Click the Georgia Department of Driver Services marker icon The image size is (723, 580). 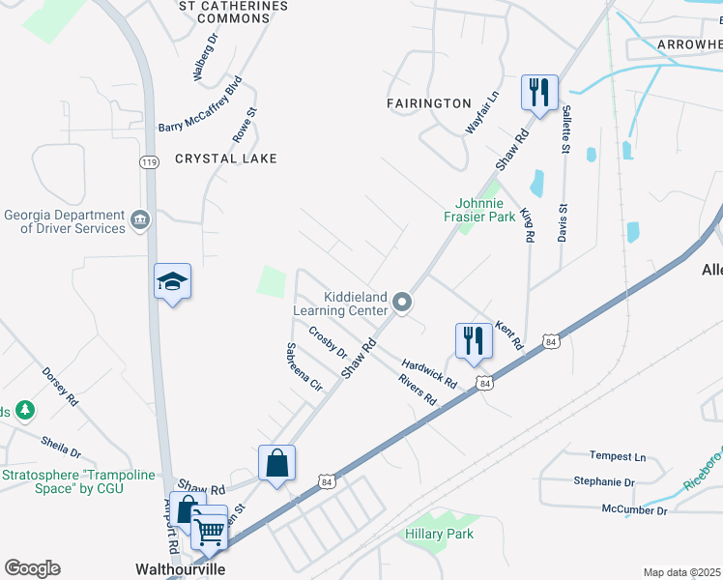(x=141, y=220)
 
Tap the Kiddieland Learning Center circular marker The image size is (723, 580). (x=403, y=305)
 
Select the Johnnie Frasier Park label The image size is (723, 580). (x=487, y=210)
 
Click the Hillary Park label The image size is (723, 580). (x=441, y=533)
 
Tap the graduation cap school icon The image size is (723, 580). (x=173, y=281)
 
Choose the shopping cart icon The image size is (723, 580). (x=210, y=529)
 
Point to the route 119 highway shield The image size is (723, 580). (x=149, y=163)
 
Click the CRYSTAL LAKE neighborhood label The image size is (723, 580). (x=226, y=159)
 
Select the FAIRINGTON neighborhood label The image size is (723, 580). (x=428, y=103)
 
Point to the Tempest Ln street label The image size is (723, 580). (x=618, y=456)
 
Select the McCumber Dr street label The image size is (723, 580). (x=634, y=509)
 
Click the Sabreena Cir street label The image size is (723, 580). (x=304, y=366)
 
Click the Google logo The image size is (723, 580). (x=32, y=568)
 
